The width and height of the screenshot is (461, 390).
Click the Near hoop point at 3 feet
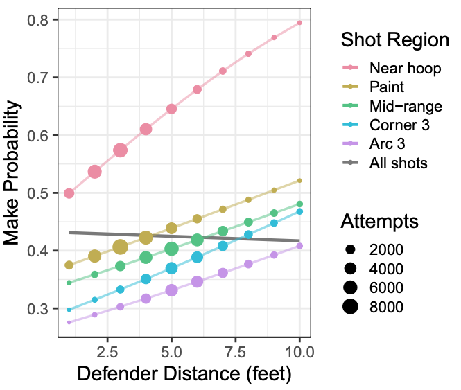(x=120, y=150)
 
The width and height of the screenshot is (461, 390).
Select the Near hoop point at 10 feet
(x=299, y=23)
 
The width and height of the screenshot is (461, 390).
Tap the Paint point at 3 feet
(x=120, y=247)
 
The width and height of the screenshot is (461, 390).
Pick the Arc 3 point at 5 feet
(x=171, y=290)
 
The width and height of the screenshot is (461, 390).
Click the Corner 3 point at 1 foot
(x=69, y=310)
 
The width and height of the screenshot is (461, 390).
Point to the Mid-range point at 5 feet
(x=171, y=249)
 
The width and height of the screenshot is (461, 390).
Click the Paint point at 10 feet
(x=299, y=180)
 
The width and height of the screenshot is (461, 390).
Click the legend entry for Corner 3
(x=399, y=125)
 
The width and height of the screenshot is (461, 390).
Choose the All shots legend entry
(x=398, y=164)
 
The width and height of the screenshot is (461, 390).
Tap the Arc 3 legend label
(x=388, y=145)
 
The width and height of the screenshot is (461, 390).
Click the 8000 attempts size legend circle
(x=351, y=306)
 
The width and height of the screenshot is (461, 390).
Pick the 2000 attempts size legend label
(x=387, y=249)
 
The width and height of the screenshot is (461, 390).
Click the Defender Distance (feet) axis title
(x=184, y=374)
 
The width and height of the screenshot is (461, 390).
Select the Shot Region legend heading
(x=394, y=40)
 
